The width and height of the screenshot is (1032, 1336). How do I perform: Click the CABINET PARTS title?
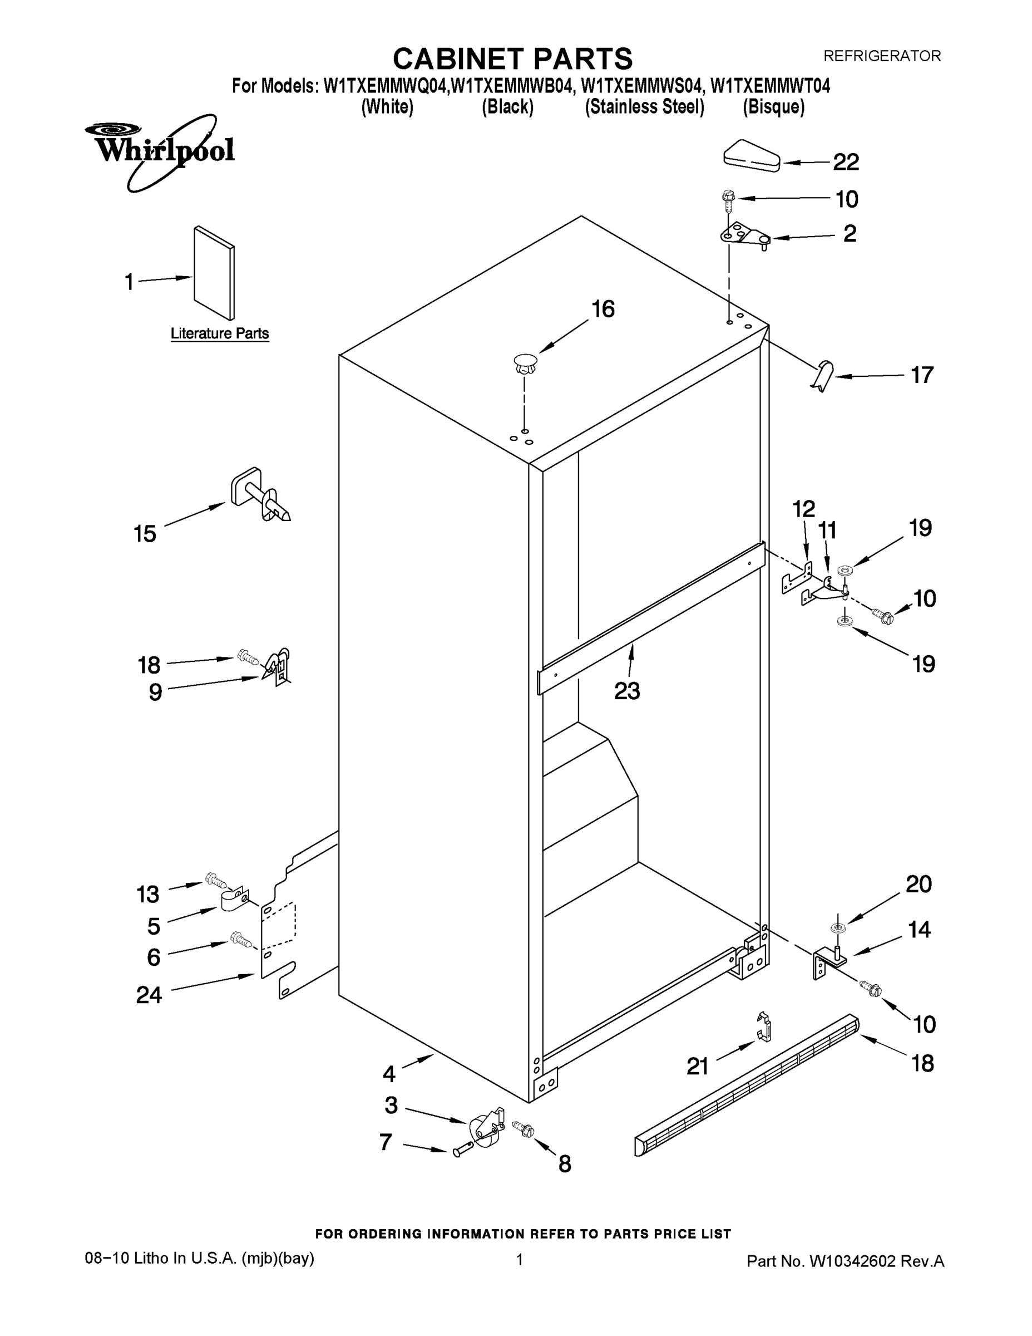pyautogui.click(x=512, y=58)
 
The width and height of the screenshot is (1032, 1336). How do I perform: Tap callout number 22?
pyautogui.click(x=846, y=162)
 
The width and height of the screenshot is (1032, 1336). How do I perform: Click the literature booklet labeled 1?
pyautogui.click(x=214, y=273)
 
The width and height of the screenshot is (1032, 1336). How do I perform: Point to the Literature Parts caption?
pyautogui.click(x=220, y=333)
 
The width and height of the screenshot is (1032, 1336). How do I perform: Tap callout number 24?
pyautogui.click(x=149, y=995)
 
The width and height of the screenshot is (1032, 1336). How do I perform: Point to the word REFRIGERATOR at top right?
pyautogui.click(x=882, y=56)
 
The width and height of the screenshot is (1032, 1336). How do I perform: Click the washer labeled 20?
pyautogui.click(x=838, y=929)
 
